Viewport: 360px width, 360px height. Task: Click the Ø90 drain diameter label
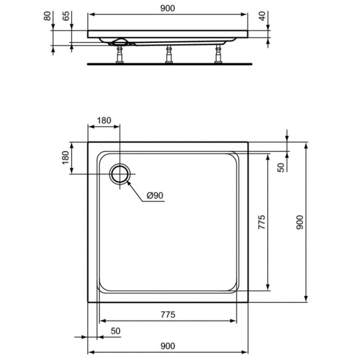click(x=155, y=195)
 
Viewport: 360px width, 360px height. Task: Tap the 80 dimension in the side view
click(x=47, y=16)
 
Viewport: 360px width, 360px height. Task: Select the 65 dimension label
click(x=66, y=16)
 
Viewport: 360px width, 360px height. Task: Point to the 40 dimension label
click(x=262, y=16)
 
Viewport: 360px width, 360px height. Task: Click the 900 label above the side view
click(x=167, y=8)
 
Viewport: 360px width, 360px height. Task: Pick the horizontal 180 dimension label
click(x=104, y=120)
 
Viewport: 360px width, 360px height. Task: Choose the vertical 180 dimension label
click(x=65, y=157)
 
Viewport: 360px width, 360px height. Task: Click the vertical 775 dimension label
click(x=262, y=222)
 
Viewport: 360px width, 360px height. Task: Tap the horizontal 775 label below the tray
click(x=168, y=314)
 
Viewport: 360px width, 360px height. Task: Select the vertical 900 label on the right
click(x=300, y=222)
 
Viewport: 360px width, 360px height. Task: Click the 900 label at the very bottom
click(x=167, y=346)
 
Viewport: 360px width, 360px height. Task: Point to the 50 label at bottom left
click(x=116, y=331)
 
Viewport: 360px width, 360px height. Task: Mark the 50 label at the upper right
click(x=281, y=167)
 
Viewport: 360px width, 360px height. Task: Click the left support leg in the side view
click(x=120, y=54)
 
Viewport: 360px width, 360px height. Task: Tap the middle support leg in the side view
click(x=169, y=54)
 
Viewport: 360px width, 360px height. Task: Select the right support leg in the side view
click(x=218, y=54)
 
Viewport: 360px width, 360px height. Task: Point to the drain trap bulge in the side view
click(x=119, y=41)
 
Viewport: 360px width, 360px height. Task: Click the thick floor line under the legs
click(x=170, y=64)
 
